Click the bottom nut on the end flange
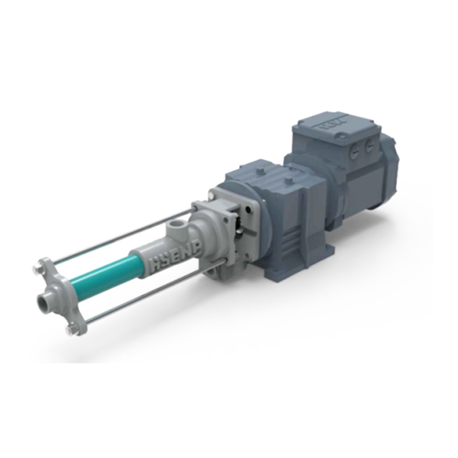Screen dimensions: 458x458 tap(72, 330)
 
